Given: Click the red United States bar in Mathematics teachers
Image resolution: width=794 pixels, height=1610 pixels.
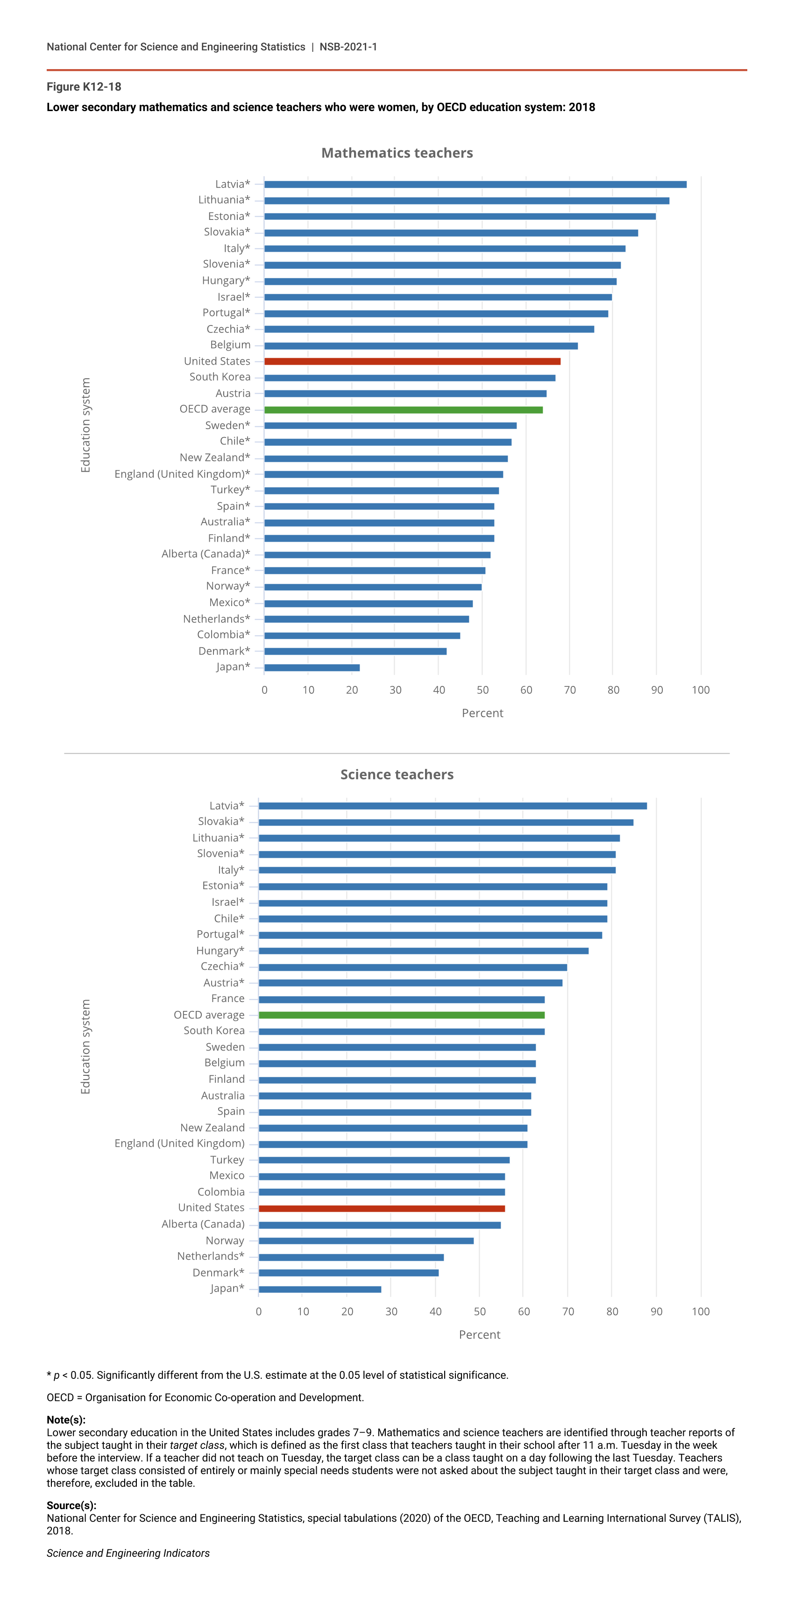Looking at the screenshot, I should tap(412, 361).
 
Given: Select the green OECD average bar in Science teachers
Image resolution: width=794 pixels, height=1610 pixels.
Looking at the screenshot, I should tap(401, 1015).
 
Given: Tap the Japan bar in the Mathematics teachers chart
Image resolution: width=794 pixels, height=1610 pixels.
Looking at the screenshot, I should tap(312, 668).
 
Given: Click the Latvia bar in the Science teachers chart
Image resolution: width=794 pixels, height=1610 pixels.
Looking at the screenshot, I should tap(453, 805).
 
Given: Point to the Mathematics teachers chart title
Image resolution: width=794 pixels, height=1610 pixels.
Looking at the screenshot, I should tap(397, 153).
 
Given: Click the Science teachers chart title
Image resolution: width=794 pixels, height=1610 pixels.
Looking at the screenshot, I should tap(397, 774).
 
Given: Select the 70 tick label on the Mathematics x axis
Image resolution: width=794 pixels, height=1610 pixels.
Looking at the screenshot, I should tap(569, 690).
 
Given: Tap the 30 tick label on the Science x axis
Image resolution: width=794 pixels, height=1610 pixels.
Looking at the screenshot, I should tap(391, 1311).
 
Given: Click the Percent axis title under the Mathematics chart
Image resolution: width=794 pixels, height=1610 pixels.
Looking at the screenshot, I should tap(482, 713).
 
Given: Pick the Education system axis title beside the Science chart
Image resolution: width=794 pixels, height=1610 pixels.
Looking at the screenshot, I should tap(85, 1046).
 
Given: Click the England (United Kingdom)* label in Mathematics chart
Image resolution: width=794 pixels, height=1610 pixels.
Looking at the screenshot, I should tap(182, 474).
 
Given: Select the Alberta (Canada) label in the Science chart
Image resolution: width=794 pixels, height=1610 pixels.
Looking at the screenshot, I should tap(203, 1224).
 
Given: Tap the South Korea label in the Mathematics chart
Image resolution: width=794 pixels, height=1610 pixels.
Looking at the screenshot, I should tap(220, 377).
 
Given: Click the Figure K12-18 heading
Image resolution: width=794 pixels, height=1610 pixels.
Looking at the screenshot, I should tap(84, 87).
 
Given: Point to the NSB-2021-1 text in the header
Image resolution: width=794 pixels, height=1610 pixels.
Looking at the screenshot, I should tap(348, 47).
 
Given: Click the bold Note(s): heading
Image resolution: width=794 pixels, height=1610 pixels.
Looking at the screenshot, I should tap(66, 1419).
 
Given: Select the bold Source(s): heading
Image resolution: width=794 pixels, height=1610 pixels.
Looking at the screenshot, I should tap(71, 1505).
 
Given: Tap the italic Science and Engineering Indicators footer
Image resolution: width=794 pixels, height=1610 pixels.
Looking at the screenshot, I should tap(128, 1553).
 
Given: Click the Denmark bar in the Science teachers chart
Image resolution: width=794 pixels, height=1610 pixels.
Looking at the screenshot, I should tap(348, 1272).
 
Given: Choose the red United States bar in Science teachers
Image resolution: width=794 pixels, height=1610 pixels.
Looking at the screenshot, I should tap(382, 1208).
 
